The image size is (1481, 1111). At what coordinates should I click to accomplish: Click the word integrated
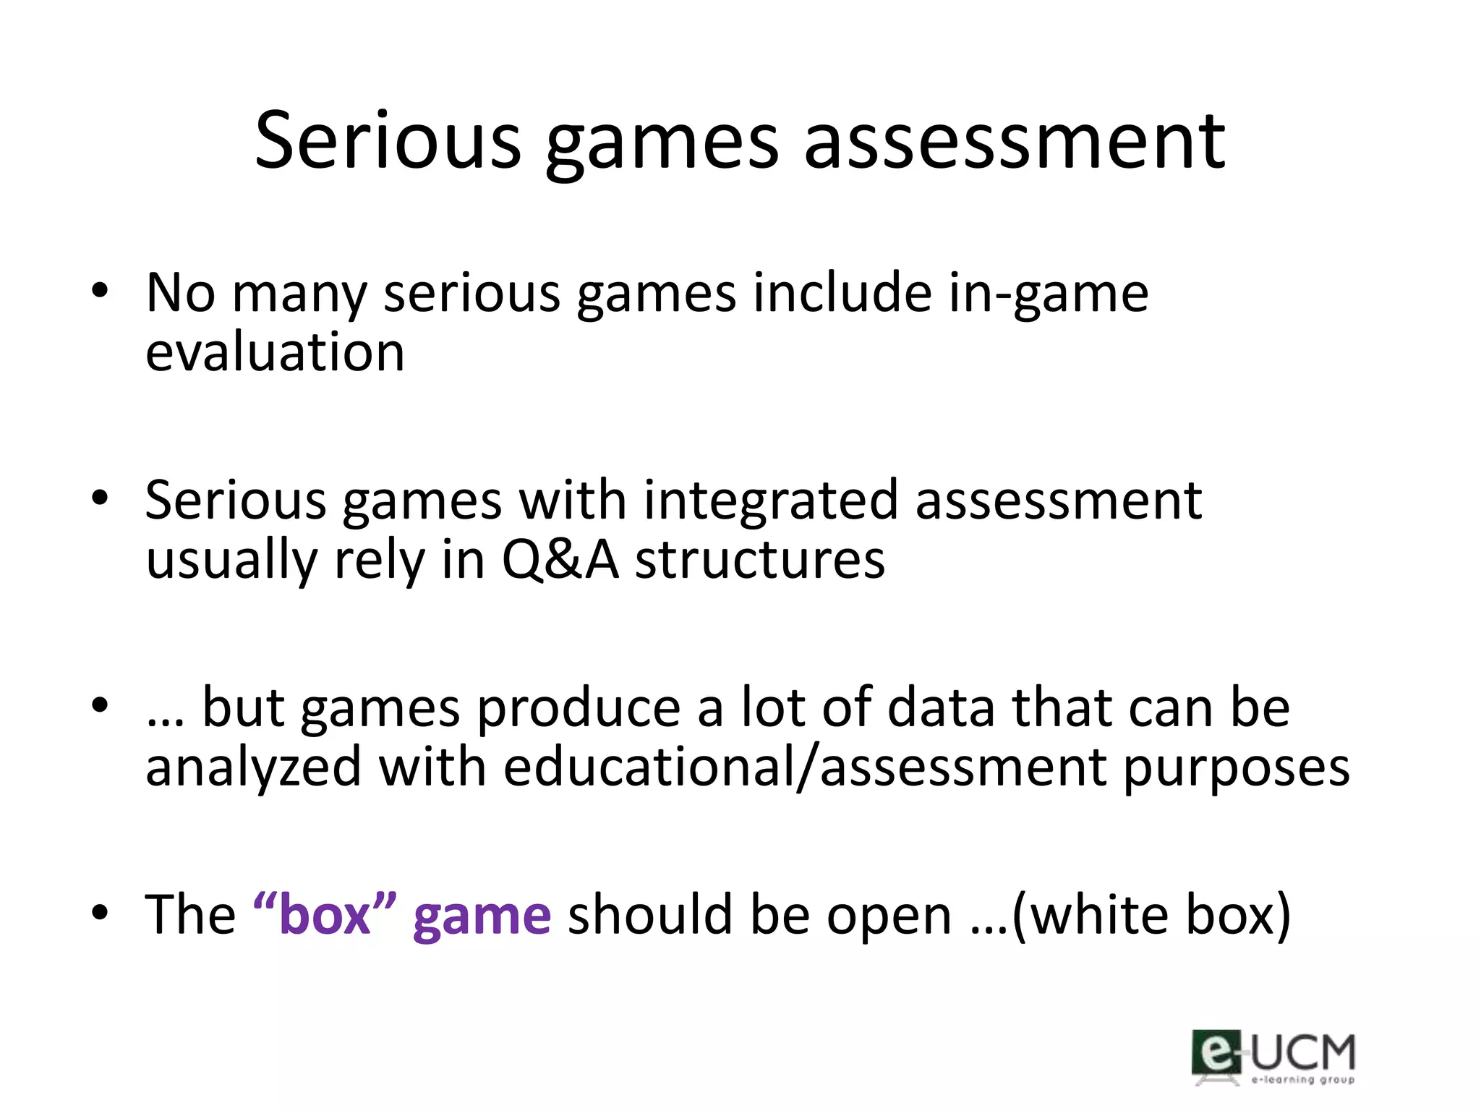click(x=770, y=501)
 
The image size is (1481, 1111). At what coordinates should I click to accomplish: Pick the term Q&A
click(x=560, y=561)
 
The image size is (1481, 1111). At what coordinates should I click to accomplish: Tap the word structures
click(x=760, y=561)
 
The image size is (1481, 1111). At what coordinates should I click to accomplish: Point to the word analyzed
click(x=253, y=768)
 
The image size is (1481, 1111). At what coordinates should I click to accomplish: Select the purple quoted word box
click(x=325, y=915)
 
